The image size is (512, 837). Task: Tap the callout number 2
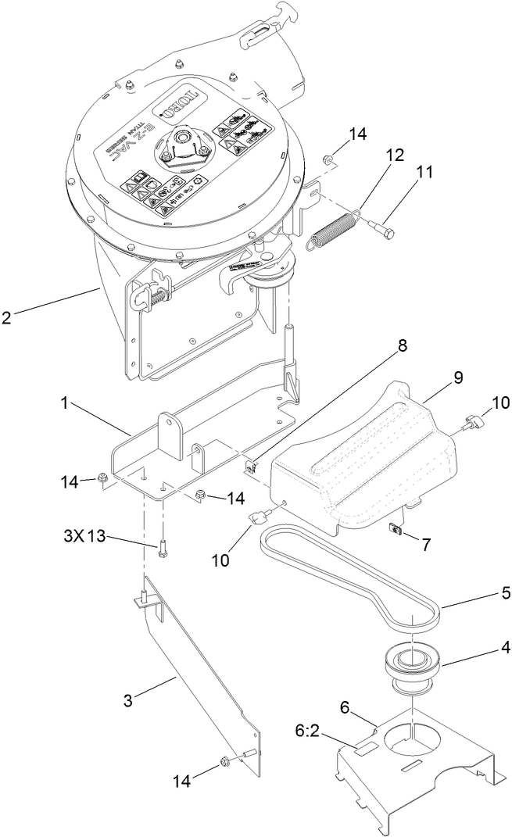(7, 318)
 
